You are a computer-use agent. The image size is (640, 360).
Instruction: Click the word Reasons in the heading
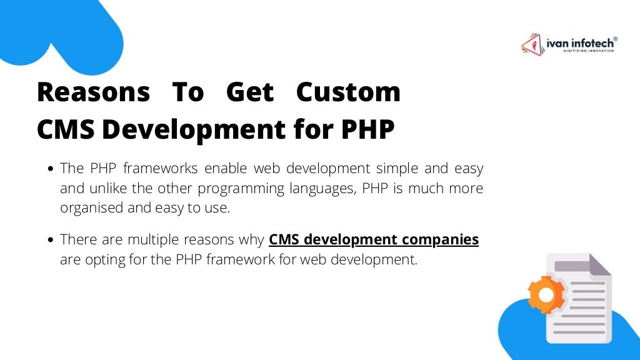click(x=93, y=92)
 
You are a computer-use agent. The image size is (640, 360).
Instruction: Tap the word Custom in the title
click(x=348, y=92)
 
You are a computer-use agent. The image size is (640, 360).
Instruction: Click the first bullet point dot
click(x=51, y=169)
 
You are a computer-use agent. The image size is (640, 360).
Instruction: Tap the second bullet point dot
click(x=51, y=240)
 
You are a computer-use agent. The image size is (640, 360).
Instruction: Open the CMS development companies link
click(x=374, y=239)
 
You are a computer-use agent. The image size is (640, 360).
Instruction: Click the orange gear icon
click(x=545, y=294)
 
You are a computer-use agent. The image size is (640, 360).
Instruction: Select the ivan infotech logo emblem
click(x=532, y=44)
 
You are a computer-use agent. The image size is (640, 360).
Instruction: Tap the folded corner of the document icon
click(x=599, y=265)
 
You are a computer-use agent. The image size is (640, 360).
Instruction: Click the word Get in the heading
click(x=249, y=92)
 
